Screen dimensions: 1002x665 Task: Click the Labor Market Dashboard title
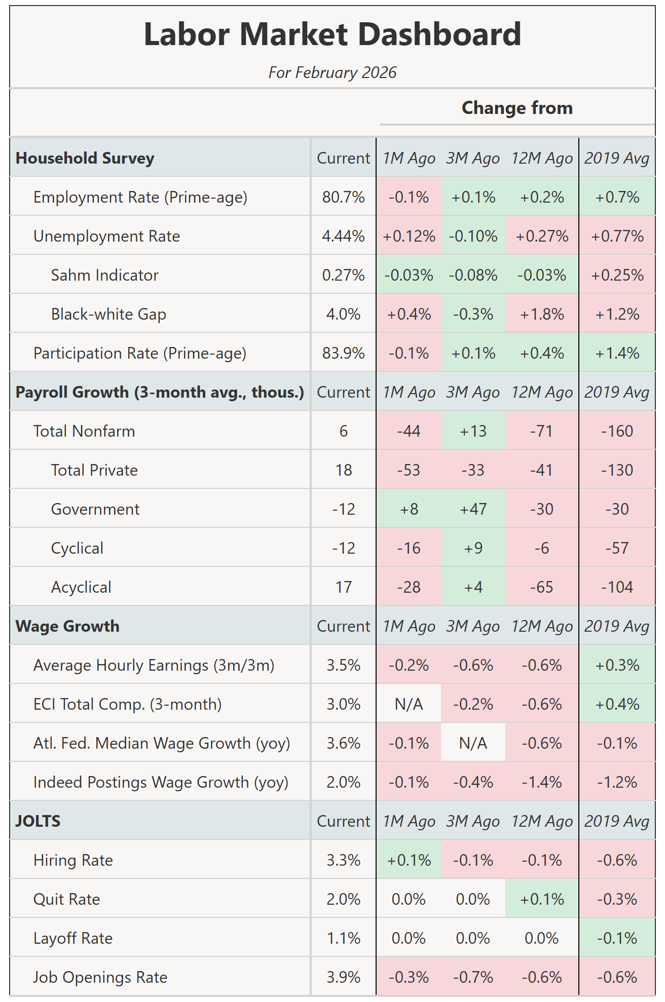point(332,34)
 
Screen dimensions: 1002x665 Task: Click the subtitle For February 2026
point(332,72)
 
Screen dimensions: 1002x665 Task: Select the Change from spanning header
point(517,108)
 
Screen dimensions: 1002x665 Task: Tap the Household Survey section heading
point(85,158)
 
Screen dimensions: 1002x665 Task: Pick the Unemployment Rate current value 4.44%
point(343,236)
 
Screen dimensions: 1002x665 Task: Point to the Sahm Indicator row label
point(104,275)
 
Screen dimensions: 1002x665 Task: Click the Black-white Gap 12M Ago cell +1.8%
point(542,314)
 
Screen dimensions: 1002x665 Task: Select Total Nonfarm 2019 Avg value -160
point(617,431)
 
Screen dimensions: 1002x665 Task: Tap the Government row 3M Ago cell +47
point(473,509)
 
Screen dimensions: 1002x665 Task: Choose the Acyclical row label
point(81,587)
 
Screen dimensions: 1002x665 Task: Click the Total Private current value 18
point(343,470)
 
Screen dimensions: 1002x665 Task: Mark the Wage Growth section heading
point(68,626)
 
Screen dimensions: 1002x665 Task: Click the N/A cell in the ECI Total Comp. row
point(409,704)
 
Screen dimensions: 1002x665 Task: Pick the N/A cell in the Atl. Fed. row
point(473,743)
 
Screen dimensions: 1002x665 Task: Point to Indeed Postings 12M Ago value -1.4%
point(542,782)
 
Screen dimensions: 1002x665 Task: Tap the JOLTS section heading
point(38,821)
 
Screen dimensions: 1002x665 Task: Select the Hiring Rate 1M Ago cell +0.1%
point(409,860)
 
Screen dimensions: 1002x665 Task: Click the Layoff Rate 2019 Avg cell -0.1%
point(617,938)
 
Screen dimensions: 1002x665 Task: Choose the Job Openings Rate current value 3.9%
point(343,977)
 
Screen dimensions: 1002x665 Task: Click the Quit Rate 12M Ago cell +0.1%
point(542,899)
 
